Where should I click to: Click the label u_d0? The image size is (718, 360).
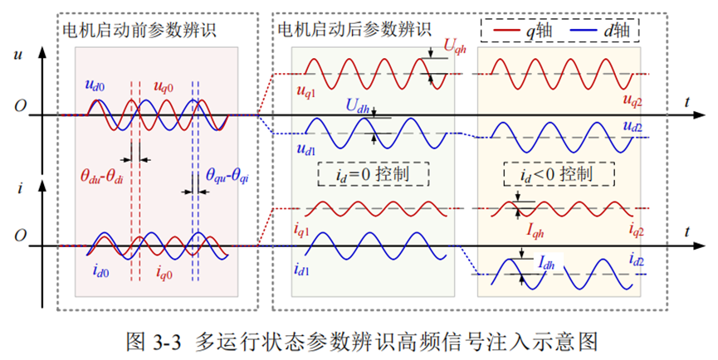[x=94, y=85]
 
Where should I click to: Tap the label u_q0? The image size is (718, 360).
[x=164, y=85]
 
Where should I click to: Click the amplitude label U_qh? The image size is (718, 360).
[x=454, y=48]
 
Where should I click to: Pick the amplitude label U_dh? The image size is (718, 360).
[x=357, y=106]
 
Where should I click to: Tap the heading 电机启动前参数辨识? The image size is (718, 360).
[x=139, y=31]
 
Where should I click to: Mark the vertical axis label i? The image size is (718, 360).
[x=17, y=190]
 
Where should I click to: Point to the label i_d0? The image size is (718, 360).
[x=102, y=269]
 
